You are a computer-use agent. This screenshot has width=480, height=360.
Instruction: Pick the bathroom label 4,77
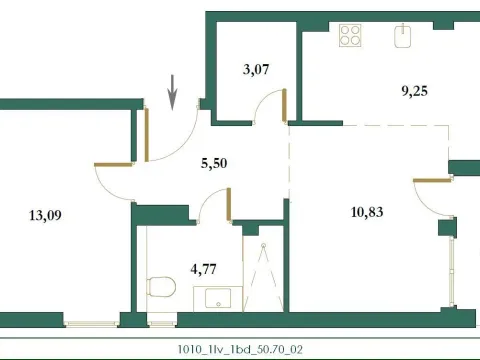(x=205, y=267)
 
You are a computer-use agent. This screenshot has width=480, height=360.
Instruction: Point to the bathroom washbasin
(x=212, y=297)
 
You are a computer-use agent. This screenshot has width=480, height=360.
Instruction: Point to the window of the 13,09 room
(x=91, y=322)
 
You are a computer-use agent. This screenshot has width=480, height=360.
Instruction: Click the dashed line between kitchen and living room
(x=370, y=125)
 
